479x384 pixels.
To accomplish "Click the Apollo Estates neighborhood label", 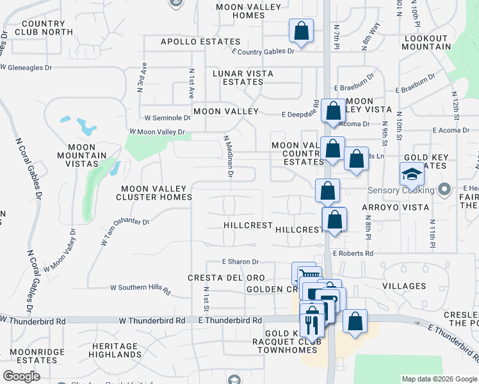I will coord(191,42).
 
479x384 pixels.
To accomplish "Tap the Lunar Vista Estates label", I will coord(243,77).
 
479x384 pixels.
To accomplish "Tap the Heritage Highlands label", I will coord(113,350).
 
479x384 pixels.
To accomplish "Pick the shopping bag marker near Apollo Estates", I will coord(301,30).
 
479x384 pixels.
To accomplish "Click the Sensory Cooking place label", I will coord(400,189).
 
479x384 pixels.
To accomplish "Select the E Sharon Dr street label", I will coord(240,262).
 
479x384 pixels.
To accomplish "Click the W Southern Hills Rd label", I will coord(141,289).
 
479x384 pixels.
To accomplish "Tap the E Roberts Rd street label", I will coord(353,253).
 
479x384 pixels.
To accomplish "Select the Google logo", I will coord(21,376).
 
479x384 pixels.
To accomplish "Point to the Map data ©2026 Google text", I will coord(439,379).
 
